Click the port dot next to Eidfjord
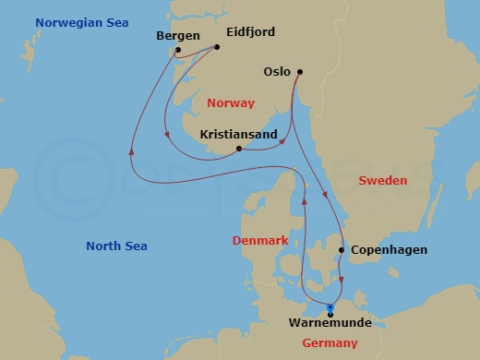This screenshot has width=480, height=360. click(217, 47)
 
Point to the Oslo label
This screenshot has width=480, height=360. click(277, 71)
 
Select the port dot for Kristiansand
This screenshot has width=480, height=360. click(239, 149)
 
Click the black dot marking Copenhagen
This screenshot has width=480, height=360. click(342, 250)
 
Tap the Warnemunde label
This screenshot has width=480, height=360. click(330, 323)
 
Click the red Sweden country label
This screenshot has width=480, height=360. click(382, 181)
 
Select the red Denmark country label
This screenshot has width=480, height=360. click(260, 240)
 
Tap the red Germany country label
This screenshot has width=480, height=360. click(330, 343)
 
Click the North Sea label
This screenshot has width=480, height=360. click(116, 246)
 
